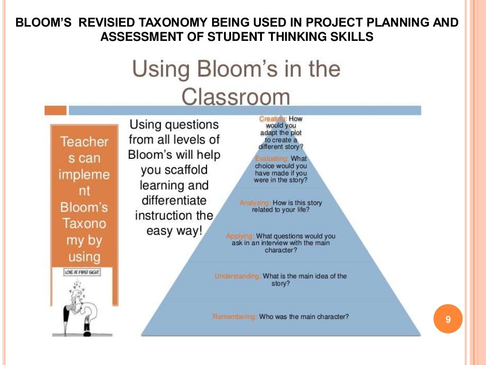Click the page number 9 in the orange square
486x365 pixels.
click(x=448, y=320)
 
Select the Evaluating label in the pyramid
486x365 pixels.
click(x=271, y=158)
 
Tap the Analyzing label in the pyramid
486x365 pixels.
click(x=254, y=203)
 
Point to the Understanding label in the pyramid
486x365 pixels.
click(x=237, y=276)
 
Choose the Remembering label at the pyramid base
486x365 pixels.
click(x=235, y=317)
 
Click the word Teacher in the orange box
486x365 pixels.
click(x=84, y=142)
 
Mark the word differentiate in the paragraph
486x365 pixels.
click(x=174, y=200)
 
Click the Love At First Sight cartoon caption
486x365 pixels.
click(x=82, y=274)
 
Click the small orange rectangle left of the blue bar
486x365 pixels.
click(x=55, y=110)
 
